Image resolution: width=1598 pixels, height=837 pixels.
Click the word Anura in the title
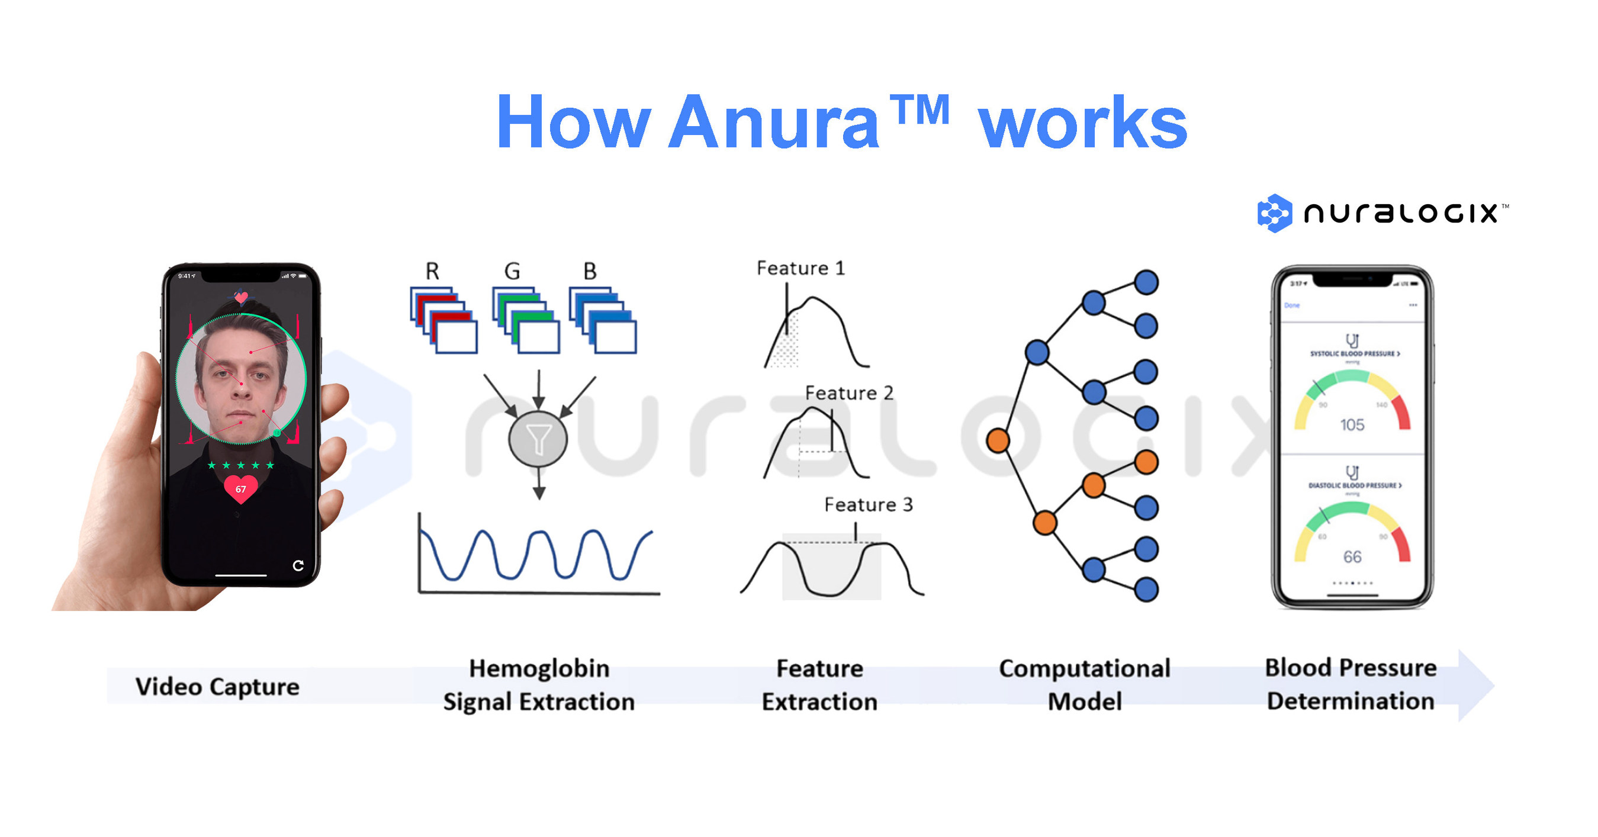pyautogui.click(x=774, y=123)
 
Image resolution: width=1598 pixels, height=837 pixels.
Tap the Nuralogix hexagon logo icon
pyautogui.click(x=1274, y=213)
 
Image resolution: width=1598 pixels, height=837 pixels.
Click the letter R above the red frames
pyautogui.click(x=432, y=271)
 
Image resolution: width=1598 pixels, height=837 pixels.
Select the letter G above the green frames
pyautogui.click(x=512, y=271)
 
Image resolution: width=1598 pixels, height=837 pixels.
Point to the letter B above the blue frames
pyautogui.click(x=589, y=271)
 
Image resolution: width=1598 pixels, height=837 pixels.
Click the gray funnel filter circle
pyautogui.click(x=538, y=439)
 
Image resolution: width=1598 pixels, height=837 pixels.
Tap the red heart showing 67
pyautogui.click(x=241, y=488)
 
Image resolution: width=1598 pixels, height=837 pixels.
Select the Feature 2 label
pyautogui.click(x=848, y=392)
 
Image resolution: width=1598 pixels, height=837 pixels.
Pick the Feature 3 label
pyautogui.click(x=868, y=504)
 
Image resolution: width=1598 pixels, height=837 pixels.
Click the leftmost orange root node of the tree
pyautogui.click(x=998, y=440)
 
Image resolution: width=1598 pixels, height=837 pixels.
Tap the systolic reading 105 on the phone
pyautogui.click(x=1352, y=424)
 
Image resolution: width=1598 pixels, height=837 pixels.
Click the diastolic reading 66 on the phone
pyautogui.click(x=1352, y=556)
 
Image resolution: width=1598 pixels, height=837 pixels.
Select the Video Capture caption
pyautogui.click(x=217, y=686)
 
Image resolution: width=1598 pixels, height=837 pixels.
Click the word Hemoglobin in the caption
pyautogui.click(x=539, y=668)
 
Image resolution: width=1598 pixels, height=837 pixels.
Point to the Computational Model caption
pyautogui.click(x=1084, y=684)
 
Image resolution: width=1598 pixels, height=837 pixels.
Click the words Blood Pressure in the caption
pyautogui.click(x=1351, y=668)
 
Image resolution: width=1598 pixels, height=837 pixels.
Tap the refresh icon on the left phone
pyautogui.click(x=298, y=565)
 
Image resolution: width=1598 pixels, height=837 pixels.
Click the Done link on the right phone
pyautogui.click(x=1291, y=305)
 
